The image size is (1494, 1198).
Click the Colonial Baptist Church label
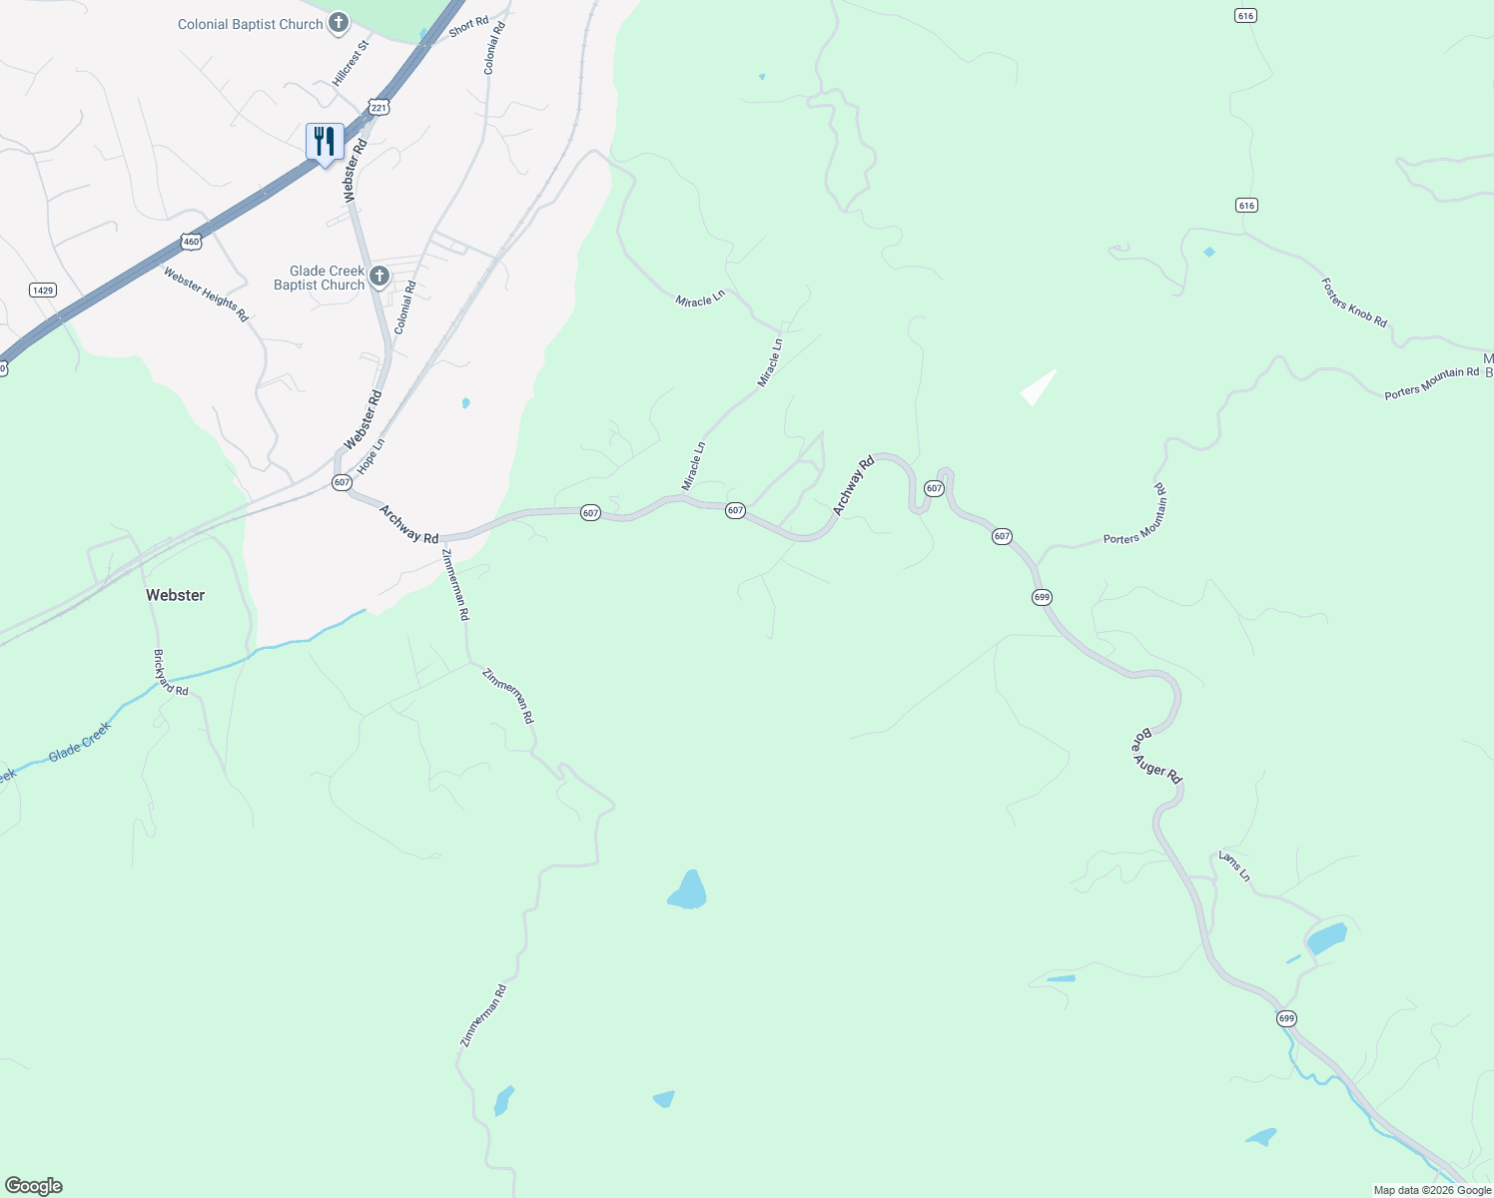(250, 24)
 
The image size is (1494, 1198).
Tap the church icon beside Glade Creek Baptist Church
(378, 276)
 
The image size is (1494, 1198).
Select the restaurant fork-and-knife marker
(325, 142)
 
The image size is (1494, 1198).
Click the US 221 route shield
(377, 107)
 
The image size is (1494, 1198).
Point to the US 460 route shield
(191, 242)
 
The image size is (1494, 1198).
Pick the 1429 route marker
(42, 291)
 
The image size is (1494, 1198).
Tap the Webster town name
(175, 595)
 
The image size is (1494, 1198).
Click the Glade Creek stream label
(79, 742)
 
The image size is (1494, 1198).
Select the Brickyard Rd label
(171, 672)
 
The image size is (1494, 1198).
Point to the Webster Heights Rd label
(206, 295)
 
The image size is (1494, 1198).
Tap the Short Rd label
(468, 27)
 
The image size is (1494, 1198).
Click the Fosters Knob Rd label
(1354, 301)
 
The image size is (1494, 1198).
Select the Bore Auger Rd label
(1156, 756)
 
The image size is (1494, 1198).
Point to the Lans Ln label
(1234, 866)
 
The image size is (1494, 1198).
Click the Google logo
(33, 1186)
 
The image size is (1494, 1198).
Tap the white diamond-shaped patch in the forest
(1038, 387)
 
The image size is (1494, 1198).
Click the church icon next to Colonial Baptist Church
(339, 23)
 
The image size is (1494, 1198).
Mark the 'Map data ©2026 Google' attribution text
(1432, 1190)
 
